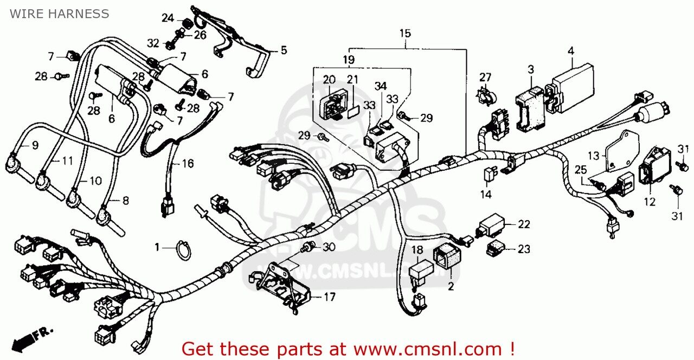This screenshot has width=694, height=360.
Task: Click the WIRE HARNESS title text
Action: click(x=59, y=14)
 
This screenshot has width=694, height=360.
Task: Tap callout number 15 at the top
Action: click(x=405, y=33)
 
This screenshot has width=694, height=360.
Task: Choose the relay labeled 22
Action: click(x=491, y=225)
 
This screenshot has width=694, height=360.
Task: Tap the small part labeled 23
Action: click(x=495, y=249)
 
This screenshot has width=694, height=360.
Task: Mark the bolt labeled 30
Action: click(x=309, y=248)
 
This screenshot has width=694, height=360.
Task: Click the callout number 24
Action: click(x=168, y=18)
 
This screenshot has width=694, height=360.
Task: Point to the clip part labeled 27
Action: click(x=483, y=96)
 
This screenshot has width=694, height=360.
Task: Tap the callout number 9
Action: click(x=35, y=145)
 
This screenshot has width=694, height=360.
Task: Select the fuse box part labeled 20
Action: click(x=330, y=102)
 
